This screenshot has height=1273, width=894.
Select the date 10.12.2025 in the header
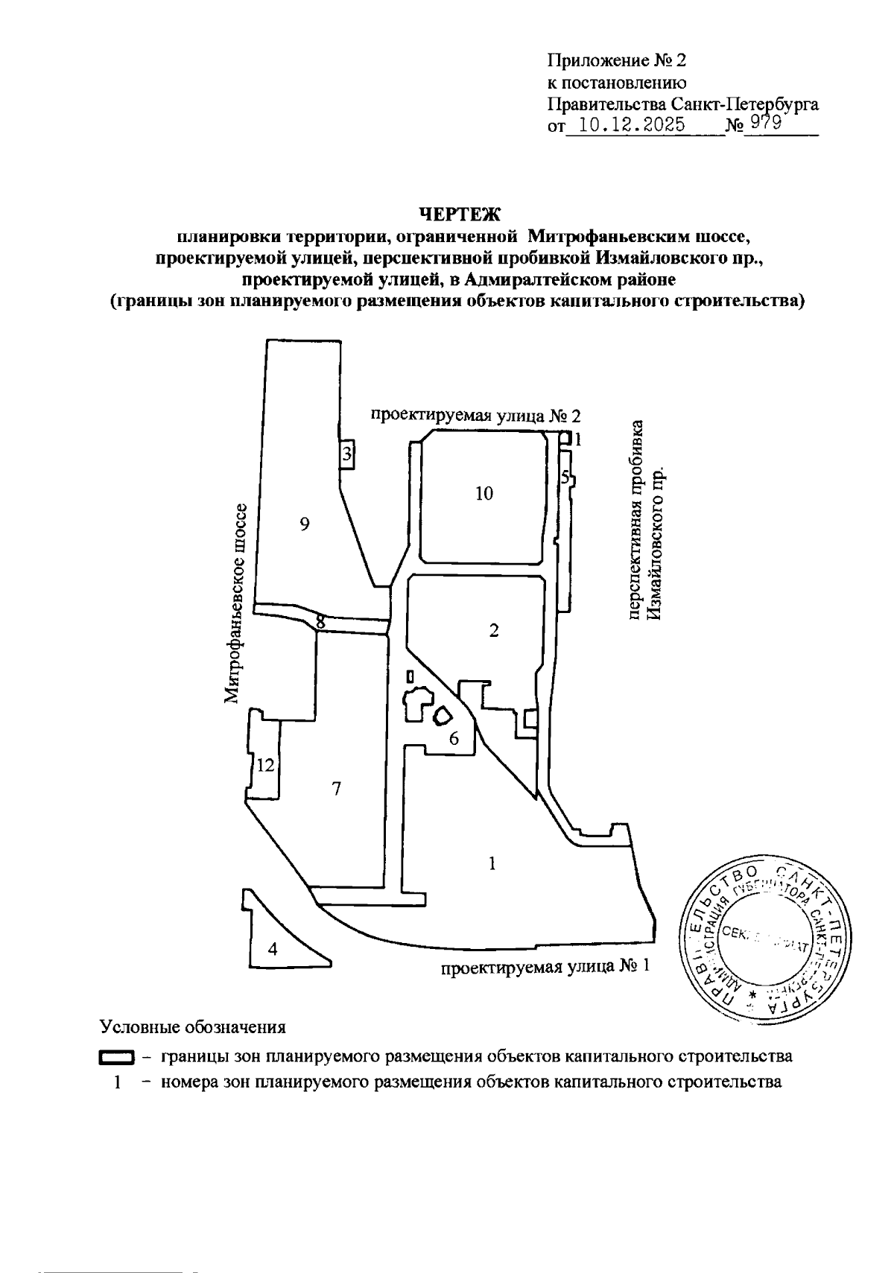(633, 124)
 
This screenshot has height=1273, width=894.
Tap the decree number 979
(764, 123)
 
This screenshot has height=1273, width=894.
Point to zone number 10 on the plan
(484, 493)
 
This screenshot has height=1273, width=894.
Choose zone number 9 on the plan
(304, 524)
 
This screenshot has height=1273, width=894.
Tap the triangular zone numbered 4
(273, 949)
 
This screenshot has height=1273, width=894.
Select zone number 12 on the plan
(266, 765)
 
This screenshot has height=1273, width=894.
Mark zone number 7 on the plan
(337, 789)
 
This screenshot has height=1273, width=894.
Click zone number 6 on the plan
(453, 738)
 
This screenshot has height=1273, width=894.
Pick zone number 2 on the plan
(493, 630)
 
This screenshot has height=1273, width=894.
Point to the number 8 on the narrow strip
(320, 620)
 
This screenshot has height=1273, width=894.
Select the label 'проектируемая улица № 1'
(545, 967)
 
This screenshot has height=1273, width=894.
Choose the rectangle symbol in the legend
(116, 1058)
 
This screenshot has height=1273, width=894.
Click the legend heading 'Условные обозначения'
(193, 1027)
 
